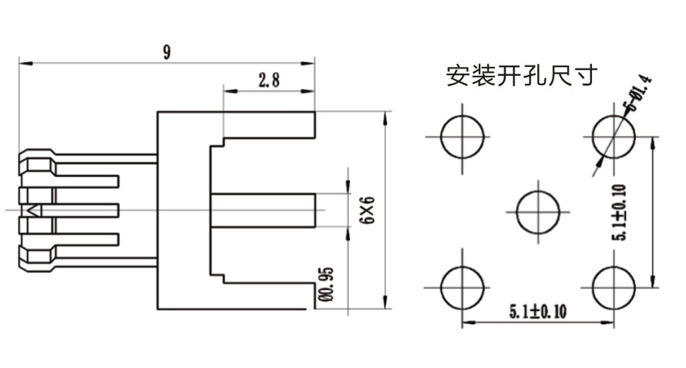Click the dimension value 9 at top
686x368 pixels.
(167, 52)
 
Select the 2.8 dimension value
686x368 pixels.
(268, 80)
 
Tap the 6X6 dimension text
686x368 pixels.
(368, 210)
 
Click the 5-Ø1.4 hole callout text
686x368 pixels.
(637, 93)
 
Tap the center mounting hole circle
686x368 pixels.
(538, 211)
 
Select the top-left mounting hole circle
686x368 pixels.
(462, 136)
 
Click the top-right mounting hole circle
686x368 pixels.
(613, 136)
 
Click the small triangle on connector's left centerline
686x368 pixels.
(32, 210)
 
